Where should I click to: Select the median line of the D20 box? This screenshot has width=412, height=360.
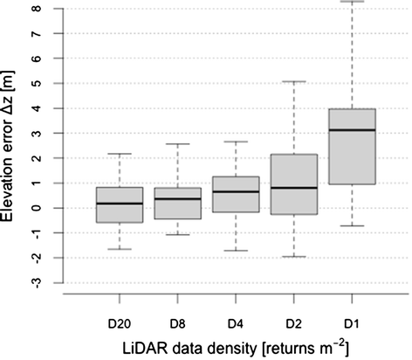tap(120, 204)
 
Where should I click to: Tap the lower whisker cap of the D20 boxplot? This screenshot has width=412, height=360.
tap(120, 249)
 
